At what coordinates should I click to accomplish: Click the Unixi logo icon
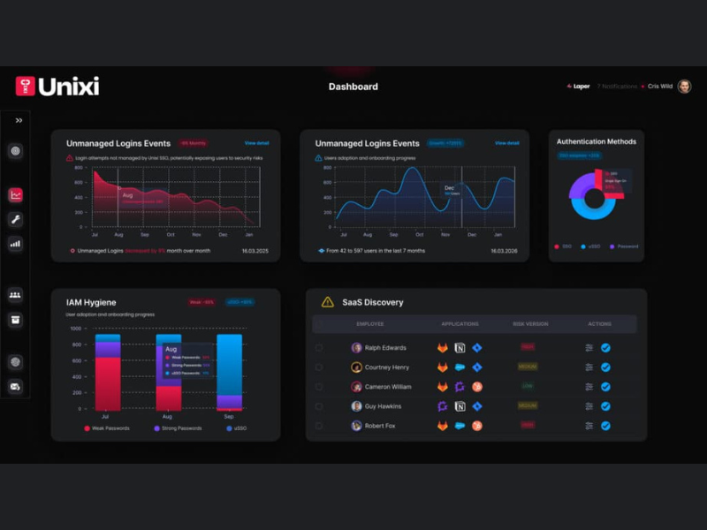26,86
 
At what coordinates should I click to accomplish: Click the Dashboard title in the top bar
353,87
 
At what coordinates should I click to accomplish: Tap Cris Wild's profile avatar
684,87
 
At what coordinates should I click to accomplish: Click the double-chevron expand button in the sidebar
19,120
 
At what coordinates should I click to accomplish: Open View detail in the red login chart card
257,143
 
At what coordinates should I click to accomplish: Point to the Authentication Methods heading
597,141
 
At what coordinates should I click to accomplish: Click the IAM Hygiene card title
91,302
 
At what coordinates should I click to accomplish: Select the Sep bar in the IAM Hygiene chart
229,371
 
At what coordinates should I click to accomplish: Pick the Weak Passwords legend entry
107,428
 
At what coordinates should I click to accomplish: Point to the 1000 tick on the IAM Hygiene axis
76,329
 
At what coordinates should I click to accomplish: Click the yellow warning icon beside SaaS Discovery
327,302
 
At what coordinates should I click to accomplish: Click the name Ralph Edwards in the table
385,348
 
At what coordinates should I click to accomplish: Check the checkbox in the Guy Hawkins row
319,406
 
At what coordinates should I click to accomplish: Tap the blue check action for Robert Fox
605,426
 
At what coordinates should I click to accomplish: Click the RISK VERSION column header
530,324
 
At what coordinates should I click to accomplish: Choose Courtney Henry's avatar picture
356,367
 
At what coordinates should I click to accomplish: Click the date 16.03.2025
256,251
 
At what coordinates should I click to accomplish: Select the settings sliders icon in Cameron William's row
589,387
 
